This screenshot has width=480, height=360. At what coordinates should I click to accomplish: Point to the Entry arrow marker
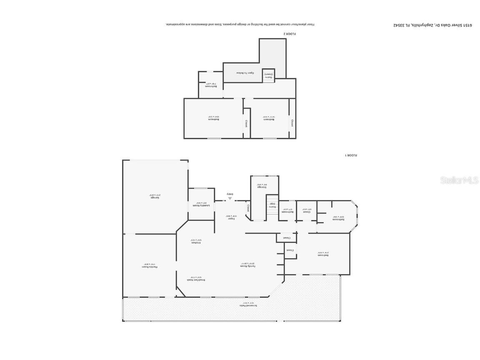(x=230, y=198)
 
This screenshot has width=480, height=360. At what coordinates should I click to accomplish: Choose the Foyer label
(x=229, y=216)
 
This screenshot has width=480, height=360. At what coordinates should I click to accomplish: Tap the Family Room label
(x=247, y=264)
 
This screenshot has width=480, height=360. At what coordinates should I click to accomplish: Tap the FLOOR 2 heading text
(x=290, y=34)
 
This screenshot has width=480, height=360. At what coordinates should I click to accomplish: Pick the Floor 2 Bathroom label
(x=211, y=85)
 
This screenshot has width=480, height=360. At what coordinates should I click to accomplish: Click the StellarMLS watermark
(x=454, y=180)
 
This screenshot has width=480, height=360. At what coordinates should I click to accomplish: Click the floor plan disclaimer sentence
(x=240, y=24)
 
